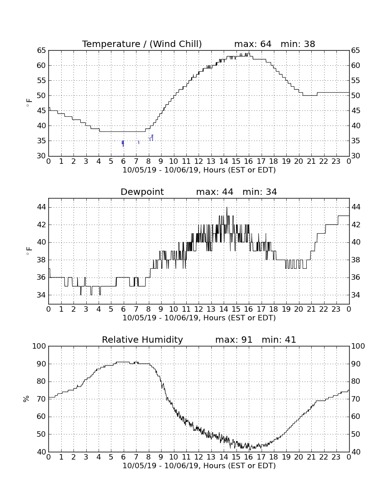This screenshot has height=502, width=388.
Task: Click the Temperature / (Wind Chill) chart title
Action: (x=142, y=44)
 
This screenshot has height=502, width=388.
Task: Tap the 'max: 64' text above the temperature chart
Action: (x=252, y=44)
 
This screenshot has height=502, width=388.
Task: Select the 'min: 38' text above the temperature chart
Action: (x=298, y=44)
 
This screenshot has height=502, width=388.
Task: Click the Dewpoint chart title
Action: (x=142, y=192)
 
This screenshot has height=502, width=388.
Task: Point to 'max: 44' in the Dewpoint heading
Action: (x=215, y=192)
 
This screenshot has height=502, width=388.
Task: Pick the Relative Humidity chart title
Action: (x=142, y=340)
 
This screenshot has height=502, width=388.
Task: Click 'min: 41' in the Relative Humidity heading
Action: (x=279, y=340)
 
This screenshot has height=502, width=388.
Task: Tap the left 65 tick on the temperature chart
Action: (x=42, y=50)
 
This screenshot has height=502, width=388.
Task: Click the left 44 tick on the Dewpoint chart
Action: (x=42, y=207)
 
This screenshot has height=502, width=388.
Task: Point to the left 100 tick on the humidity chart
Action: (x=39, y=346)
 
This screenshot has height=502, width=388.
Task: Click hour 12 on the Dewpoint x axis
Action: (x=199, y=309)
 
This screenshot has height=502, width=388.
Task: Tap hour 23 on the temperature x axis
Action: (x=336, y=161)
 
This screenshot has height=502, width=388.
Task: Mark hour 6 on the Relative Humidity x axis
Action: (x=124, y=457)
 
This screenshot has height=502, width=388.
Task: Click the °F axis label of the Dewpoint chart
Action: (x=29, y=251)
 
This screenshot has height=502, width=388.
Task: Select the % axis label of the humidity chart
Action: (x=26, y=399)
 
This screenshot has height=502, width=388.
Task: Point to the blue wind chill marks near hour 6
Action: (x=123, y=143)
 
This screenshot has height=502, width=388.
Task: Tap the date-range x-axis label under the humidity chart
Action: (x=199, y=465)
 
